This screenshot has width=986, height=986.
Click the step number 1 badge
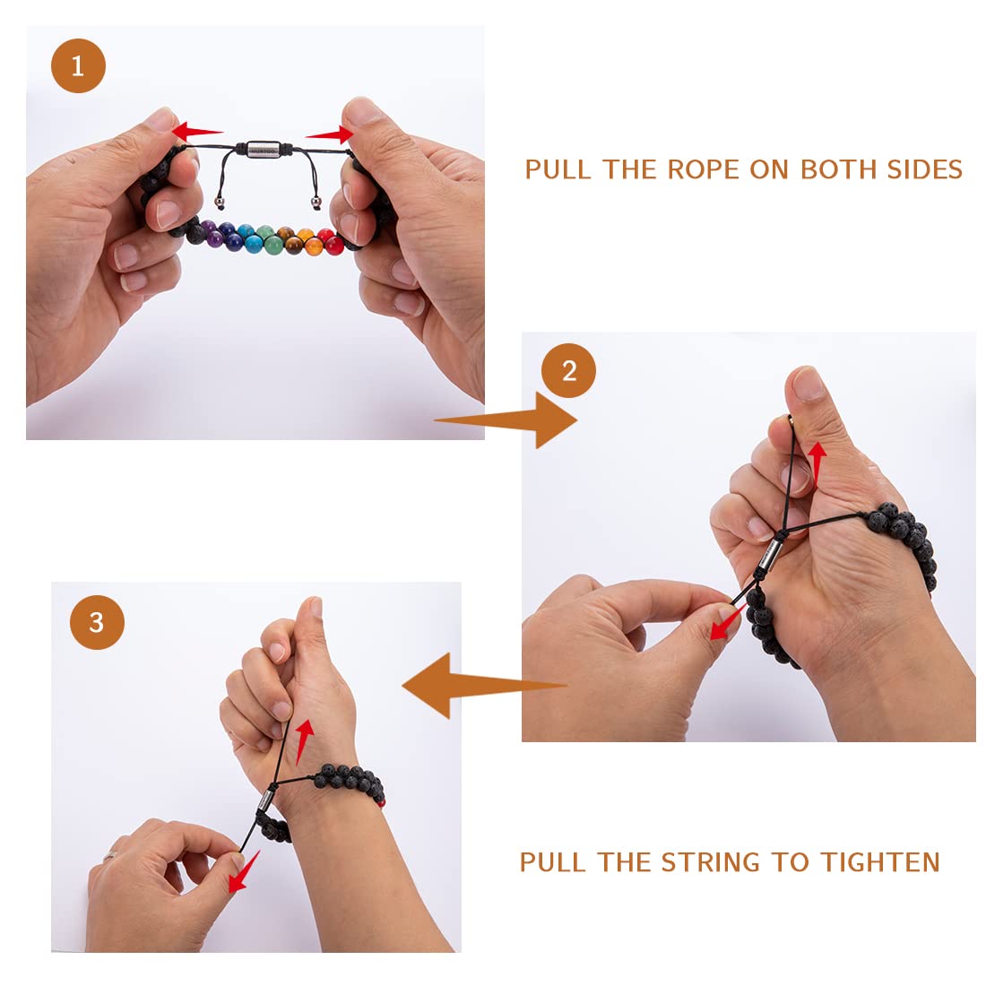[x=78, y=65]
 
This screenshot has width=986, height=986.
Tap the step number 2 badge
[x=568, y=370]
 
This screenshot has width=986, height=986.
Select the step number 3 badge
[x=97, y=622]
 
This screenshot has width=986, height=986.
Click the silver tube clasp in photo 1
[x=263, y=149]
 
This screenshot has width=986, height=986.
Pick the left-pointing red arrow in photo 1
[x=197, y=132]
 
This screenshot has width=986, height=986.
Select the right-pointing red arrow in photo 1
[x=330, y=134]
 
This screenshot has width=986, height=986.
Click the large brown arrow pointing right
[x=506, y=420]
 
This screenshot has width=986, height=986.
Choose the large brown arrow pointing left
[x=483, y=686]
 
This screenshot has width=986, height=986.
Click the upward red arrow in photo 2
[x=817, y=464]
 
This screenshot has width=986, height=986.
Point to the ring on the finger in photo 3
[x=110, y=855]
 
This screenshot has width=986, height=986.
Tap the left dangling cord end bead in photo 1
[x=219, y=203]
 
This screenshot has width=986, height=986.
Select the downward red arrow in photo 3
[x=244, y=871]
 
